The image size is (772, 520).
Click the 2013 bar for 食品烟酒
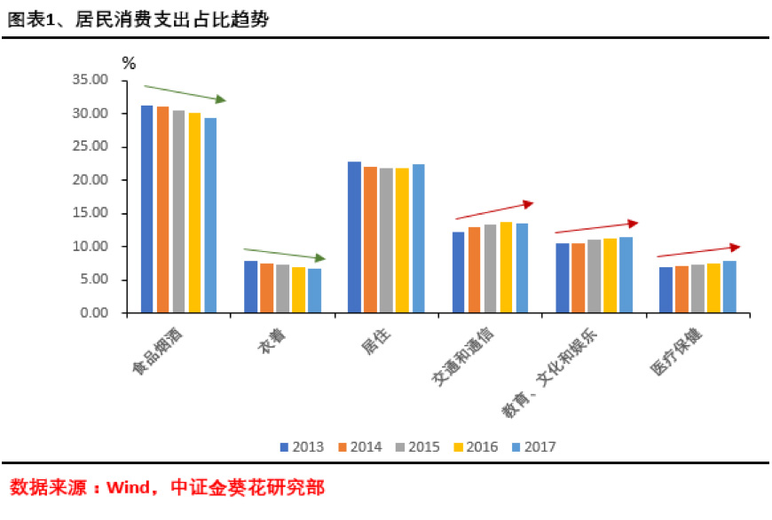click(147, 209)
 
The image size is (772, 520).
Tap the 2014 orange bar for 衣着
click(266, 288)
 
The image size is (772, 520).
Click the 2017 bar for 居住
click(417, 239)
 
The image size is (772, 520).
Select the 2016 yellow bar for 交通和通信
click(506, 267)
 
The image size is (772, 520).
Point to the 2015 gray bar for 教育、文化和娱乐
click(594, 276)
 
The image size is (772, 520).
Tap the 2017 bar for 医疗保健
click(729, 287)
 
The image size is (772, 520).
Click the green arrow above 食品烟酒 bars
click(185, 93)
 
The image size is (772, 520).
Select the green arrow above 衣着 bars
click(285, 254)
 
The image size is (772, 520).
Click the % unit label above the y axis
click(130, 63)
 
